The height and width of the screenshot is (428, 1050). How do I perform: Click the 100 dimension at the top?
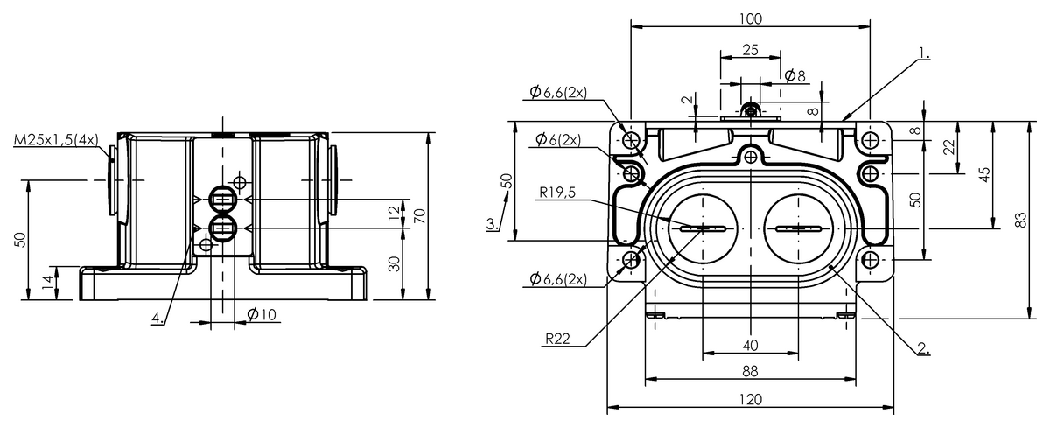[750, 18]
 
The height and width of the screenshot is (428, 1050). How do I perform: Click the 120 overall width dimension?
[750, 399]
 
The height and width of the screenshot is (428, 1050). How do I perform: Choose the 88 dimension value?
[750, 371]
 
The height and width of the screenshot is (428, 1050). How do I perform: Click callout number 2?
[922, 348]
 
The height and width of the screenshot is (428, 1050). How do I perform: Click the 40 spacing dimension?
[750, 344]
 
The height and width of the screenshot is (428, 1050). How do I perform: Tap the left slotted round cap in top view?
[703, 229]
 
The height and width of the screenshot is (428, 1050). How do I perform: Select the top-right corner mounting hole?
[870, 140]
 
